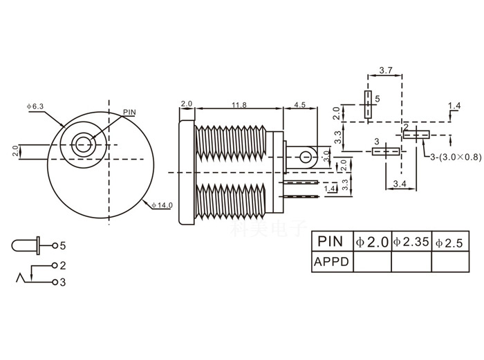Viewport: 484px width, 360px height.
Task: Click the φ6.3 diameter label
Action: (x=35, y=106)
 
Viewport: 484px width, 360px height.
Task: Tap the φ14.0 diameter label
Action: (x=162, y=205)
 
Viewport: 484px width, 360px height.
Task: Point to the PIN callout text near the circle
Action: (x=129, y=112)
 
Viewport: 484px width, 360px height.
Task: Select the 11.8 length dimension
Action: (x=239, y=104)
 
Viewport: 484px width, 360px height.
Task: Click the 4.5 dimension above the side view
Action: (x=300, y=104)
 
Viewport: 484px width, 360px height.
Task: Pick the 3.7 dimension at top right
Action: (x=387, y=70)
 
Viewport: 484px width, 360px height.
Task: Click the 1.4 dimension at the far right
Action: (x=454, y=106)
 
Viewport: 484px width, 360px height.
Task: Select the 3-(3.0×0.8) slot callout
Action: (x=453, y=157)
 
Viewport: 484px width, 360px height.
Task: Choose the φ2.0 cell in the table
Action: (x=372, y=242)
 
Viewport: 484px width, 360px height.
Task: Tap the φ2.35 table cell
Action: (x=411, y=242)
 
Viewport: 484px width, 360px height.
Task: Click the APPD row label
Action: (x=332, y=262)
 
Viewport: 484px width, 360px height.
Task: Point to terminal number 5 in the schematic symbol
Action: (x=63, y=245)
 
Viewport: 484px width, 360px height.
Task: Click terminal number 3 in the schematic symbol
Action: (x=63, y=282)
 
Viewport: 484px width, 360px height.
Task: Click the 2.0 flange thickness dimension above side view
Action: (x=186, y=104)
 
